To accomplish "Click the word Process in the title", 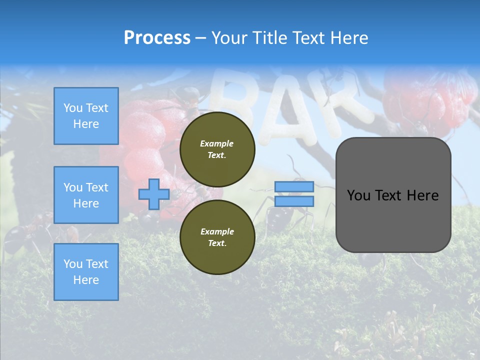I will (x=157, y=37).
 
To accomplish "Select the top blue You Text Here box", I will (x=86, y=116).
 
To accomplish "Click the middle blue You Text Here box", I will (x=86, y=195).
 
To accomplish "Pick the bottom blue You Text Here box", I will (x=86, y=272).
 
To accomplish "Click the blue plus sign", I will (x=154, y=194).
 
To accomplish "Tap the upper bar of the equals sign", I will (x=294, y=186).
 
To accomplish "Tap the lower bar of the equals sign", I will (x=294, y=201).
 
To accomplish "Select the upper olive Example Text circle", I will (x=217, y=149).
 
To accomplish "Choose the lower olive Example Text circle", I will (x=217, y=237).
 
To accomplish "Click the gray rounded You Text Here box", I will (x=393, y=195).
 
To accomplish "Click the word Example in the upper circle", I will (x=217, y=143).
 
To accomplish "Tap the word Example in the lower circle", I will (x=217, y=231).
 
